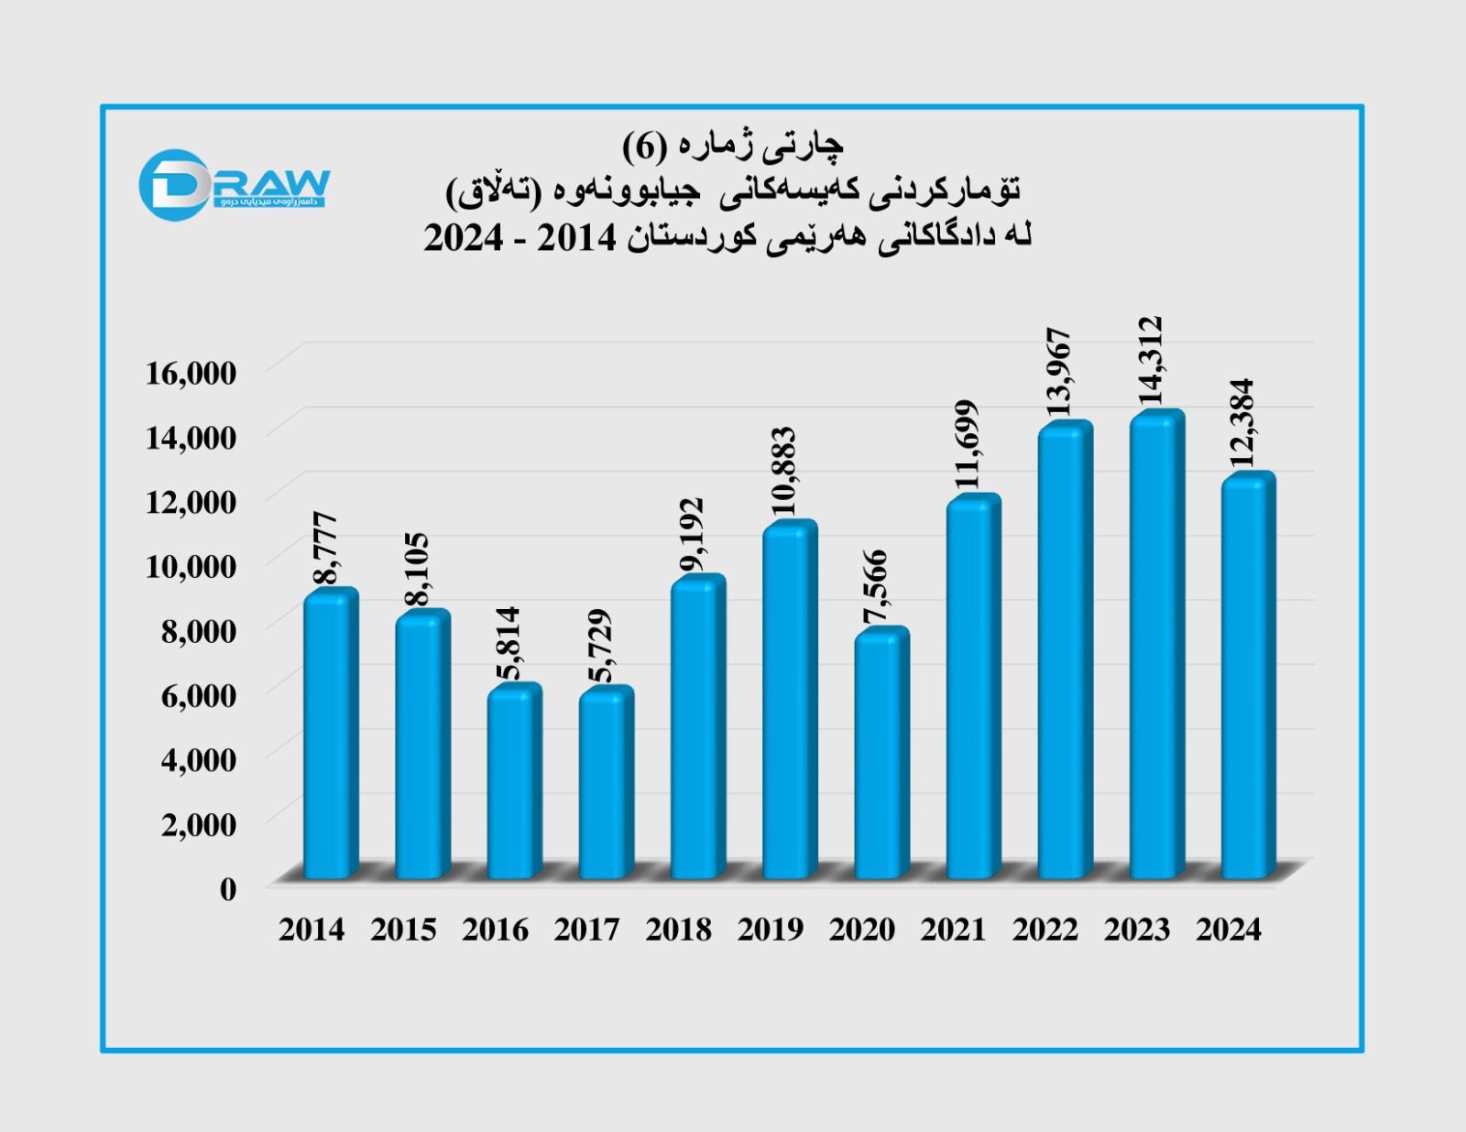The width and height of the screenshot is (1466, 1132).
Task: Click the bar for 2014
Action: pyautogui.click(x=330, y=737)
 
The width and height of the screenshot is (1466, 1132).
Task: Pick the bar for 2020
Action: pyautogui.click(x=881, y=756)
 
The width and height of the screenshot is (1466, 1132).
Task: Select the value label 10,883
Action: pyautogui.click(x=782, y=471)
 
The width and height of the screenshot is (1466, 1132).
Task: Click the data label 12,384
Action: pyautogui.click(x=1242, y=422)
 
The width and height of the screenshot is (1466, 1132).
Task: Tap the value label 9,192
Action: pyautogui.click(x=692, y=535)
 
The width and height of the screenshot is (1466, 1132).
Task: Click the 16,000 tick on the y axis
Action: pyautogui.click(x=191, y=373)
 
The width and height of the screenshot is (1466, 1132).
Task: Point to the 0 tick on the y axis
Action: pyautogui.click(x=227, y=888)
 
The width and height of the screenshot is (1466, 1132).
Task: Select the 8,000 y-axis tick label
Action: pyautogui.click(x=198, y=630)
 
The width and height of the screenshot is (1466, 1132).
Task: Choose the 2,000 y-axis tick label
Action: pyautogui.click(x=198, y=824)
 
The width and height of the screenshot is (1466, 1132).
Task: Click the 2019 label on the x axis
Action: pyautogui.click(x=770, y=930)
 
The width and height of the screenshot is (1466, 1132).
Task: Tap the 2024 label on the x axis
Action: pyautogui.click(x=1228, y=930)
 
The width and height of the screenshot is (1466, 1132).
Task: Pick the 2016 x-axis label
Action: pyautogui.click(x=495, y=930)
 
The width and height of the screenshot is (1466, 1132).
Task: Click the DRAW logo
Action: pyautogui.click(x=234, y=185)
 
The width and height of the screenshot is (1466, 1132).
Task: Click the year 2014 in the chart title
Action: pyautogui.click(x=576, y=237)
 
